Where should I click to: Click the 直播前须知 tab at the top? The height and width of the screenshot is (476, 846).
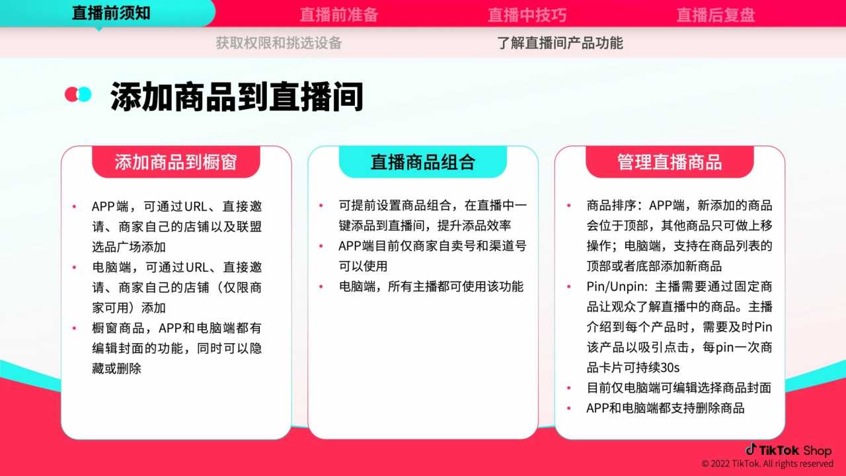111,13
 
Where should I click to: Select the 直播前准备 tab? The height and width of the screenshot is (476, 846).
338,15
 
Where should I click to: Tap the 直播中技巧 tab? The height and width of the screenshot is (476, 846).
527,15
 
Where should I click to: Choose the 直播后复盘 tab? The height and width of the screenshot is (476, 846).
715,15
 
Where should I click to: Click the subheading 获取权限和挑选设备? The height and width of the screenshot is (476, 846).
278,43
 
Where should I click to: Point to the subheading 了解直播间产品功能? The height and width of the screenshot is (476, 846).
560,43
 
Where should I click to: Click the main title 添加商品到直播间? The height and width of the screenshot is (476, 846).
237,97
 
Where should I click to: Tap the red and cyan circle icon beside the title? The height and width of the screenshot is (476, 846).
78,95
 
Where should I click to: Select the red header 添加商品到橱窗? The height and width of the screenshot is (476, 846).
176,162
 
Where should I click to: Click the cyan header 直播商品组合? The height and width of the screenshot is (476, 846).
423,162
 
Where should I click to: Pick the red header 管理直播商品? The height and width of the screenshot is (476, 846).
670,162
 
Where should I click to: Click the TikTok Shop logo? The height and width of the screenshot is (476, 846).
788,450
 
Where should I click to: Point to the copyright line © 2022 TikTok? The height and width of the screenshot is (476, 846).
767,464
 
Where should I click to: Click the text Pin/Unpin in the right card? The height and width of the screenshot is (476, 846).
617,287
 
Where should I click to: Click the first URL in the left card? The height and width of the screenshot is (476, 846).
196,206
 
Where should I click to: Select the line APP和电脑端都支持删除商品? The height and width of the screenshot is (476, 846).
666,408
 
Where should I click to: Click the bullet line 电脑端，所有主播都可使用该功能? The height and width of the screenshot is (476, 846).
431,286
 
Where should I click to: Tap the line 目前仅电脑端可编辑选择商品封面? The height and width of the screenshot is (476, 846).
679,388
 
